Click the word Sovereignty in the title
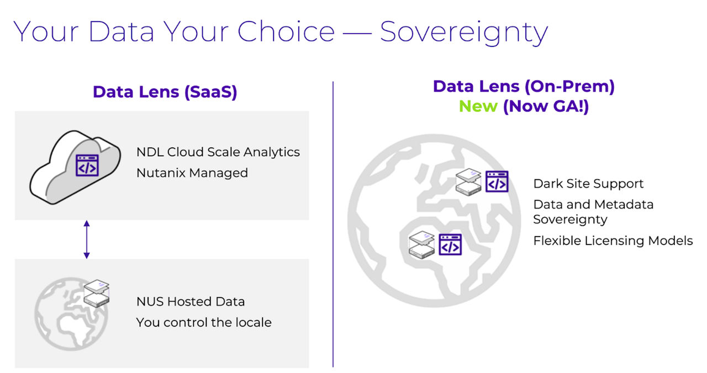pyautogui.click(x=463, y=32)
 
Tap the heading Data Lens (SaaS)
pyautogui.click(x=165, y=92)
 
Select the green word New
pyautogui.click(x=478, y=106)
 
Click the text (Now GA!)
pyautogui.click(x=546, y=106)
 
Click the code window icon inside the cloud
pyautogui.click(x=87, y=166)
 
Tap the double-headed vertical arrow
pyautogui.click(x=86, y=239)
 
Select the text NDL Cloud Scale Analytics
pyautogui.click(x=218, y=152)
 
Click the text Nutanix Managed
pyautogui.click(x=192, y=173)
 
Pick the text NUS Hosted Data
pyautogui.click(x=191, y=301)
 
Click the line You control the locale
pyautogui.click(x=204, y=322)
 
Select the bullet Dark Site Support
pyautogui.click(x=588, y=184)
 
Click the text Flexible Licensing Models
pyautogui.click(x=613, y=241)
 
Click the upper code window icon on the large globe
pyautogui.click(x=497, y=182)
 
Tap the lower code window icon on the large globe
pyautogui.click(x=450, y=244)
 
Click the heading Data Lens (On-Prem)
pyautogui.click(x=524, y=86)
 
